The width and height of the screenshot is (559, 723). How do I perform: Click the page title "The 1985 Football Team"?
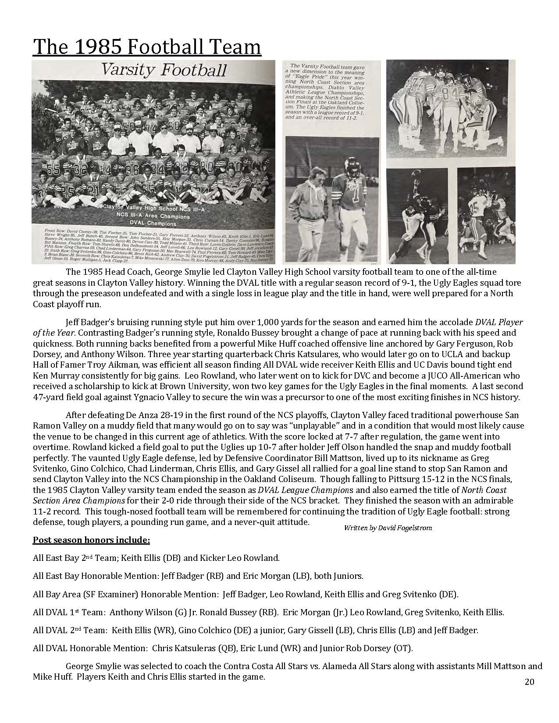click(147, 47)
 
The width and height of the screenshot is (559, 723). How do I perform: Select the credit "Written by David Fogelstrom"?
click(388, 528)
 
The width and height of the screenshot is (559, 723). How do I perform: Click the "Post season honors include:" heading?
click(92, 540)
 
